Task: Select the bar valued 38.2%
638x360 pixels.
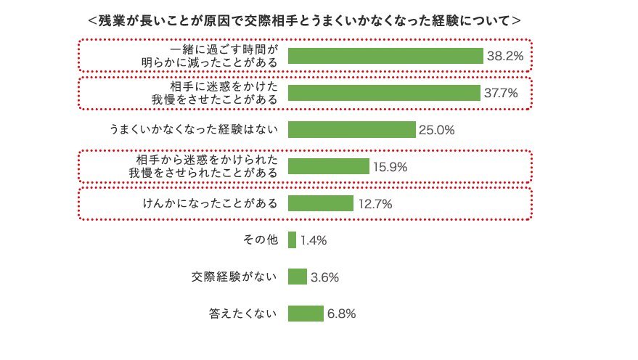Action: (385, 56)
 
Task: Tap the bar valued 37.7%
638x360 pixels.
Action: (384, 93)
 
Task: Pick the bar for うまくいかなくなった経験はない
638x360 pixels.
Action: (352, 130)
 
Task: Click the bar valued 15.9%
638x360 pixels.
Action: (329, 166)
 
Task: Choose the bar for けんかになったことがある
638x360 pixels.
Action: (321, 203)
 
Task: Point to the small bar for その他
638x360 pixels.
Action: (293, 240)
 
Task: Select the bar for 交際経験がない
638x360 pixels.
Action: (298, 277)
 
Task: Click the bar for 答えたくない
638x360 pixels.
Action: (306, 314)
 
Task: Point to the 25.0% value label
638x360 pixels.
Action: (436, 130)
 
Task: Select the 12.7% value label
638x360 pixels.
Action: (375, 204)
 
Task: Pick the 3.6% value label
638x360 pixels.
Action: (325, 277)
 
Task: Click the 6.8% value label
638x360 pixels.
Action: (341, 314)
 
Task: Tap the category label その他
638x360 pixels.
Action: (261, 240)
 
